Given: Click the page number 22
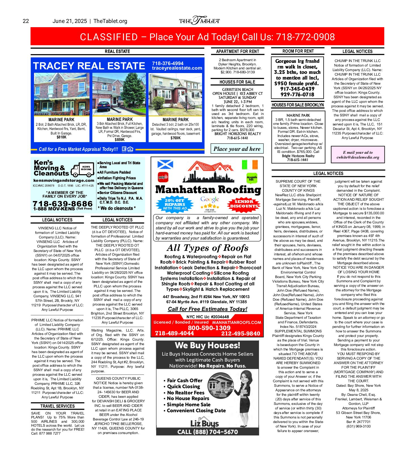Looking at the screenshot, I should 26,21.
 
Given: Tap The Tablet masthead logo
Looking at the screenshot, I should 199,21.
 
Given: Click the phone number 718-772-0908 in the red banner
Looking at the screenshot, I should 305,37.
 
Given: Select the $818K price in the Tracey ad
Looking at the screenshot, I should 61,137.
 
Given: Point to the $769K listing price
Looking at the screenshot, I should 175,138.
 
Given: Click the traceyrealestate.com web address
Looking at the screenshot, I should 177,68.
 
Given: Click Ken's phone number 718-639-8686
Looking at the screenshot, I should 63,204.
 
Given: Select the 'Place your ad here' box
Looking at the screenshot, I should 237,149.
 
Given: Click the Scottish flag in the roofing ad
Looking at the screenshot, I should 165,164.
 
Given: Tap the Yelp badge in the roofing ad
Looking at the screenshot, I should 163,177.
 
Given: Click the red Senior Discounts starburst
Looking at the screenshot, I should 244,204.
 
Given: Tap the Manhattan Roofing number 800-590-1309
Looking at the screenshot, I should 209,328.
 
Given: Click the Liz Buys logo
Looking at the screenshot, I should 204,424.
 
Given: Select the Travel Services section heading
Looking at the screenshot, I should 58,406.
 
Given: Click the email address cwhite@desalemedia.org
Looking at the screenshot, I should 358,157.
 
